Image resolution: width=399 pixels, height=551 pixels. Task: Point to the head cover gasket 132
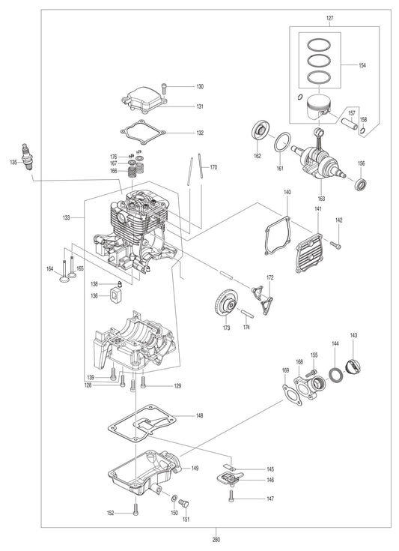[145, 133]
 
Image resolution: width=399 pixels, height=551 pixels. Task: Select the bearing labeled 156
[362, 184]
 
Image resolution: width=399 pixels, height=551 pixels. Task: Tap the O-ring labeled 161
[282, 142]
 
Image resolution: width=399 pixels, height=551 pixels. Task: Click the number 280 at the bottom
[216, 540]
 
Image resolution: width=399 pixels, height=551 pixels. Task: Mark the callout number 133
[66, 217]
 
